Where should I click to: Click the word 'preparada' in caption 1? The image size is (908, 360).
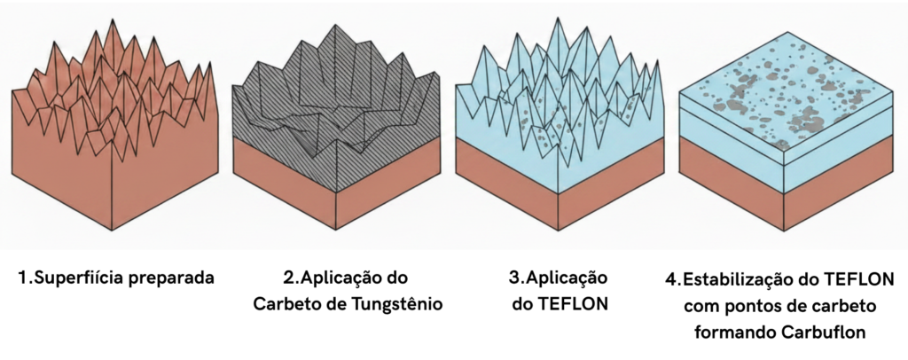[171, 279]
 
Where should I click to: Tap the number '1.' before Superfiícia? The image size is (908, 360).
[26, 278]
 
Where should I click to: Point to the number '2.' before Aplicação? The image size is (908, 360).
[291, 278]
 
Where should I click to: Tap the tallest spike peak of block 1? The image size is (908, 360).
[109, 20]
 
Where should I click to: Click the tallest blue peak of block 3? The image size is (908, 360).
[558, 20]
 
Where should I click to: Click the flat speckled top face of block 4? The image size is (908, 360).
[786, 91]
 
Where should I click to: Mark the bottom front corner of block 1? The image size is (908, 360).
[112, 231]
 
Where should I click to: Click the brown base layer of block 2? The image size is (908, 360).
[336, 194]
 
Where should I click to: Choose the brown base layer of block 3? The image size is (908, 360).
[559, 194]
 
